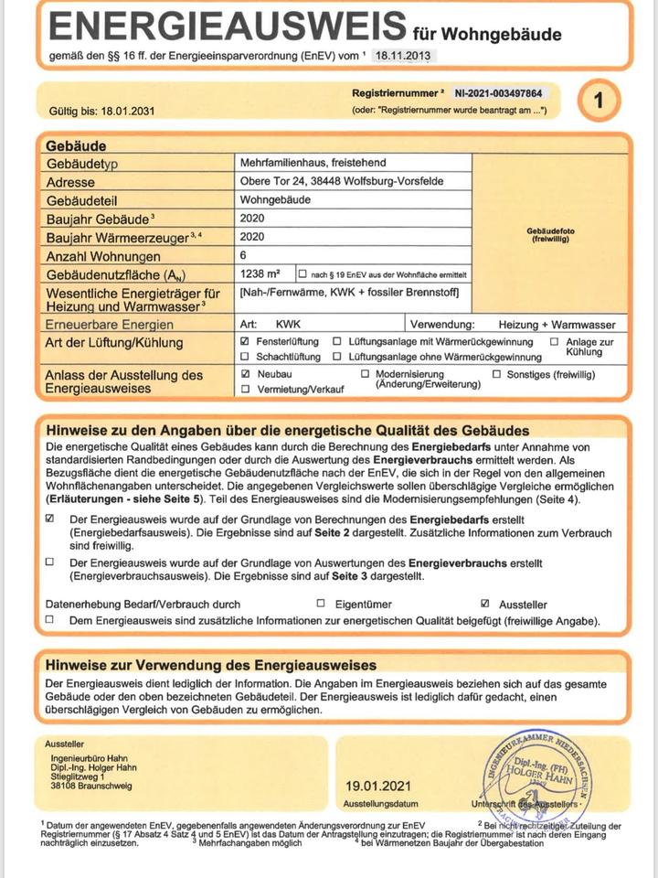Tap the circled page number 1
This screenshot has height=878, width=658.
pos(599,101)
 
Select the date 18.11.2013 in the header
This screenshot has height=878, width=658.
pos(405,56)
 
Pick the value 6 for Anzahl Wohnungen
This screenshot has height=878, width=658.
pos(243,256)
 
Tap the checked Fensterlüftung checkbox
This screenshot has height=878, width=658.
pos(244,341)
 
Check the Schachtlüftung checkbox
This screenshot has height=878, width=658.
pos(244,356)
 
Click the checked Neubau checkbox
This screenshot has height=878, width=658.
pos(244,374)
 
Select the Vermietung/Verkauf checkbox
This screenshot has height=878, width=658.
pos(244,389)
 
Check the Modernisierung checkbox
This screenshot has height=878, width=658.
pos(366,374)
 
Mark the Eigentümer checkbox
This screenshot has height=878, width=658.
pos(321,604)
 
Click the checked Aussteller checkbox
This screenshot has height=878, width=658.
pos(485,604)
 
